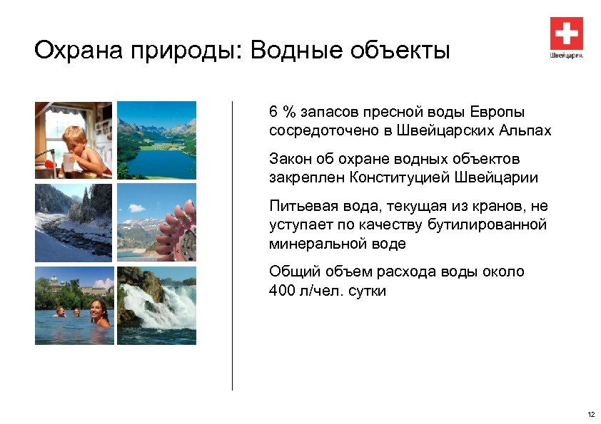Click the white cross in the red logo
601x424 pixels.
click(x=566, y=33)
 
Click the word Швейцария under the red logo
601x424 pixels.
click(x=566, y=55)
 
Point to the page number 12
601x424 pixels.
click(x=590, y=414)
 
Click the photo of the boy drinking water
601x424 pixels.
click(x=74, y=140)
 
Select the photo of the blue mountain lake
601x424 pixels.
click(x=156, y=140)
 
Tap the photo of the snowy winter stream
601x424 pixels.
click(x=74, y=222)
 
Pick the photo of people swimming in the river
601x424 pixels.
click(x=74, y=305)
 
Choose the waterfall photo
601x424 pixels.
click(x=156, y=305)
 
